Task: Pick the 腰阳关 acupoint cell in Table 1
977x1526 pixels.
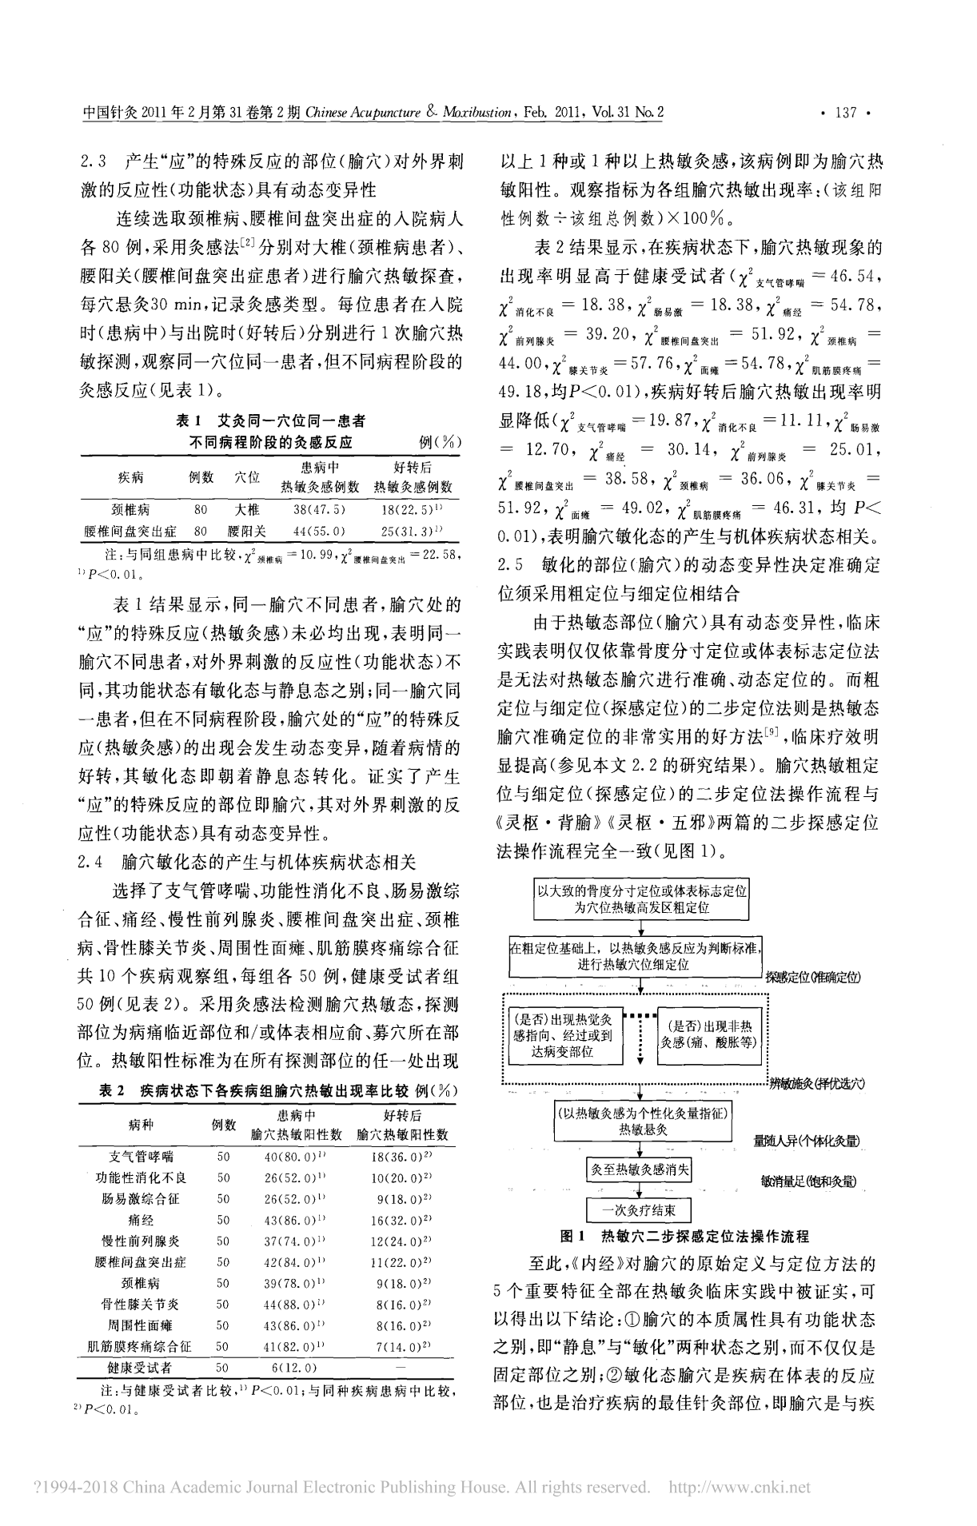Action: click(246, 531)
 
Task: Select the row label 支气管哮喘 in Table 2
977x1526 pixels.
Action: click(141, 1157)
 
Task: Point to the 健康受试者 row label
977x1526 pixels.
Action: click(141, 1368)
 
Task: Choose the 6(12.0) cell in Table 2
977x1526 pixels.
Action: click(294, 1368)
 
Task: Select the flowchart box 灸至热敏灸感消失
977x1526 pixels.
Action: click(640, 1170)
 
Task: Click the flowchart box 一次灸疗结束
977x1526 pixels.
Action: click(639, 1209)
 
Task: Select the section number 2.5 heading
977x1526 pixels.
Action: click(509, 564)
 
